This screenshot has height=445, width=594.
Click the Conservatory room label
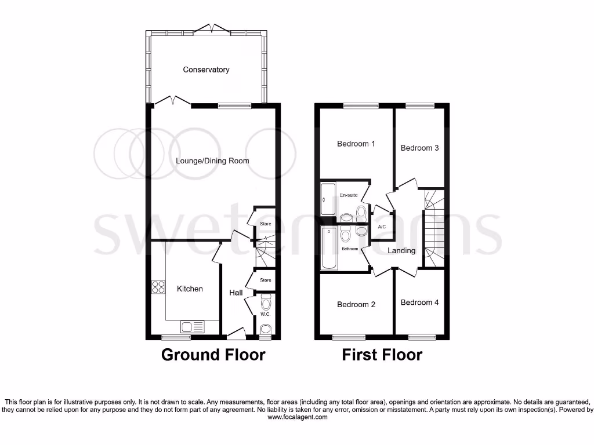[206, 70]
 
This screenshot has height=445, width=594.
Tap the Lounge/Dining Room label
[212, 161]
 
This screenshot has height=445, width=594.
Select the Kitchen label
[190, 289]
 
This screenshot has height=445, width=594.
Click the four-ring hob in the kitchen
[158, 287]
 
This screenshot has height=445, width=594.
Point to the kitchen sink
[186, 327]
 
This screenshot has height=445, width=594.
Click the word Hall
[236, 293]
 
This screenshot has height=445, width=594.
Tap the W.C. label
[265, 314]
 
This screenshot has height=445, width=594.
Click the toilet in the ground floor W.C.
[266, 302]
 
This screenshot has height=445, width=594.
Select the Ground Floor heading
[213, 355]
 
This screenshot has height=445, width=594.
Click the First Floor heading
[382, 355]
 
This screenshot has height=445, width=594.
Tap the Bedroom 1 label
[356, 144]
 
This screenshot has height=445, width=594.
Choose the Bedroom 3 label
[419, 148]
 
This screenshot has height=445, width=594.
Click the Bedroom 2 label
[356, 304]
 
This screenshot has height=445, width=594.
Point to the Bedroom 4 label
[419, 302]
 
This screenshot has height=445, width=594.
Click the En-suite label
[348, 196]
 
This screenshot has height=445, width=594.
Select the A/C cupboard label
[382, 227]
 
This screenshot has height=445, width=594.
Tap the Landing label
[401, 250]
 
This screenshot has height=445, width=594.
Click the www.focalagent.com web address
[296, 417]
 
